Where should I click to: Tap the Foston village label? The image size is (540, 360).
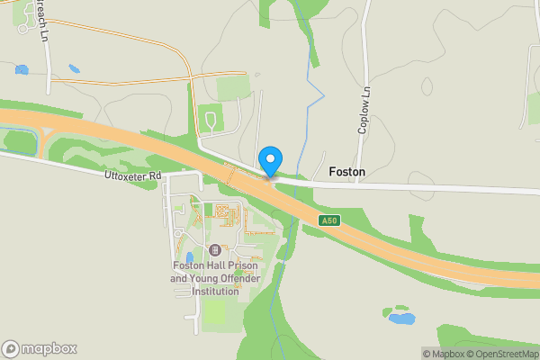pyautogui.click(x=347, y=171)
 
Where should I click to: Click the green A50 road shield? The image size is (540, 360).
pyautogui.click(x=328, y=221)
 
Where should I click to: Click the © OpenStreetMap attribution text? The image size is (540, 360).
pyautogui.click(x=499, y=353)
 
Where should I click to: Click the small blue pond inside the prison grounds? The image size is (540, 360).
pyautogui.click(x=190, y=258)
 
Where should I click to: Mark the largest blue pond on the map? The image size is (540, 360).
pyautogui.click(x=401, y=318)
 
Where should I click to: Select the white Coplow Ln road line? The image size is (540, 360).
pyautogui.click(x=364, y=54)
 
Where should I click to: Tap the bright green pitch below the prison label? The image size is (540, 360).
pyautogui.click(x=214, y=311)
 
